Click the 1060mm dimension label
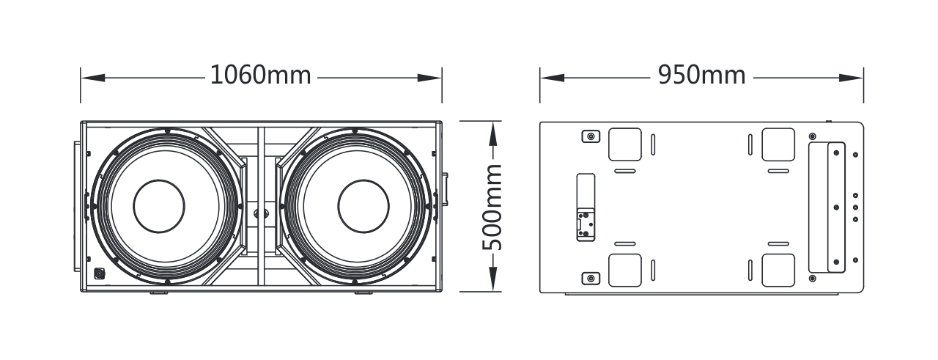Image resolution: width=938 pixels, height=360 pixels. point(260,75)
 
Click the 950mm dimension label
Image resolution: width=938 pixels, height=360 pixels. point(702,75)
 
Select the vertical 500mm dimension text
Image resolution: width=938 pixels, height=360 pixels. point(492,207)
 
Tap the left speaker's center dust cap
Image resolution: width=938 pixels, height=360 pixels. point(159,206)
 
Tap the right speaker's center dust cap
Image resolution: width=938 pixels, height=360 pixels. point(363,206)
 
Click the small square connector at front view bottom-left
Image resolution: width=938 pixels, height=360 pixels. point(100,273)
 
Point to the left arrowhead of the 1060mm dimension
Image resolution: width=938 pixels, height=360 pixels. point(93,78)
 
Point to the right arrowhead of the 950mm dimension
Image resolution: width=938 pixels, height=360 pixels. point(852,78)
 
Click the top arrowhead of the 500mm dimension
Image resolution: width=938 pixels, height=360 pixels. point(493,133)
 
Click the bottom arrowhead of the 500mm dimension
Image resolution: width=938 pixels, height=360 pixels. point(493,279)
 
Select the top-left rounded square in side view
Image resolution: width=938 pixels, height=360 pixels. point(625,144)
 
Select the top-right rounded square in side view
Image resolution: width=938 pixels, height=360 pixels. point(778,144)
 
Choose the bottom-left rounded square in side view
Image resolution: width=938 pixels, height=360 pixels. point(625,271)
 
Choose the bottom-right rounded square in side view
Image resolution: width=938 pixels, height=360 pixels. point(778,271)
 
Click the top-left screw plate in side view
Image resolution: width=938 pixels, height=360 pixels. point(591,136)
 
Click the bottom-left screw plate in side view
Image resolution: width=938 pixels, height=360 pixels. point(591,279)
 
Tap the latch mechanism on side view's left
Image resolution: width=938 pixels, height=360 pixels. point(586,224)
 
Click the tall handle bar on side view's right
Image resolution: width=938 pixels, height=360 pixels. point(836,207)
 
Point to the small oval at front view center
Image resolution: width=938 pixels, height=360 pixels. point(262,214)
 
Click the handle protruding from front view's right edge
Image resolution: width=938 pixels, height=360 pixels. point(445,189)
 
